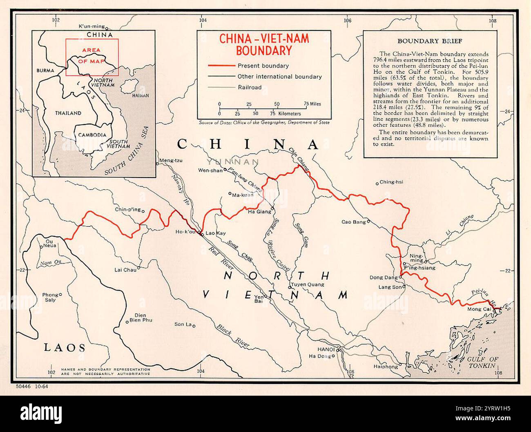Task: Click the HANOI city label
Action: [326, 350]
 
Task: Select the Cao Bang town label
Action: [353, 222]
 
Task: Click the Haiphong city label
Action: [385, 367]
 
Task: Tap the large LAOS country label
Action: [65, 348]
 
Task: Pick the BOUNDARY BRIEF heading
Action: [430, 41]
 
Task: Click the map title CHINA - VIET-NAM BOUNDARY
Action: [264, 44]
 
